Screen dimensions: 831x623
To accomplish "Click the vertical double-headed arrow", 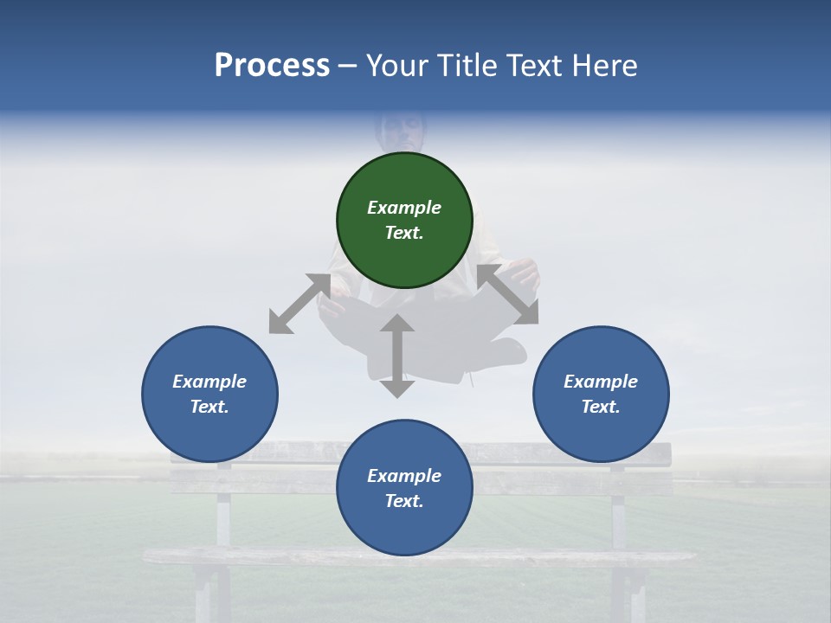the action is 397,356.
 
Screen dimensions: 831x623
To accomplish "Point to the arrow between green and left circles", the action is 300,304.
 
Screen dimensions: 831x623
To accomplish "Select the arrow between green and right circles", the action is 507,294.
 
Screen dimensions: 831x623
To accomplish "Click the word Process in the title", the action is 272,65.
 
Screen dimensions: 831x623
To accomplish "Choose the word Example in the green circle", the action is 404,208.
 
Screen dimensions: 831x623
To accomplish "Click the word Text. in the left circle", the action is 209,407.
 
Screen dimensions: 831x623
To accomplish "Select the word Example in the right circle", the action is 601,382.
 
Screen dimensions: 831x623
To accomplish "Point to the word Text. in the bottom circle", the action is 404,501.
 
